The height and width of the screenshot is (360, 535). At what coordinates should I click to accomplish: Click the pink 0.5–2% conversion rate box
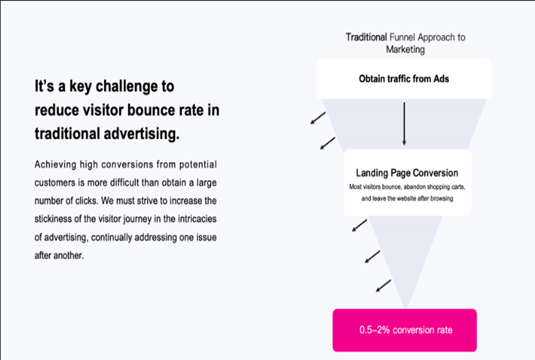(404, 330)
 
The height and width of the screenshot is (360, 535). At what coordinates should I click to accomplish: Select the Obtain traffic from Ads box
(404, 78)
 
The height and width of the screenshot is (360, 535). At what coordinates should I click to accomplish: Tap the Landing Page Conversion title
(407, 173)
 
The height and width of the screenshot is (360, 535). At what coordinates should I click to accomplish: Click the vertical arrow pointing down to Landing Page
(404, 124)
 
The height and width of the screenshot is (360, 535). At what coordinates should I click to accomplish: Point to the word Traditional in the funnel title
(366, 37)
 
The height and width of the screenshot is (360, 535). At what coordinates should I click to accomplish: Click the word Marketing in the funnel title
(406, 50)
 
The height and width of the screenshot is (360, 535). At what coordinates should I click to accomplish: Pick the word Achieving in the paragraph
(55, 165)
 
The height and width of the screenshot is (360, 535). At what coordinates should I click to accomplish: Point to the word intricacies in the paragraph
(197, 218)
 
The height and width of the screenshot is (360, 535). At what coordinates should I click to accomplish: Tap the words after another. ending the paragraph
(59, 255)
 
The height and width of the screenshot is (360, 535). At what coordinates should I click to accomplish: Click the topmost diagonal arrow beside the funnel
(318, 118)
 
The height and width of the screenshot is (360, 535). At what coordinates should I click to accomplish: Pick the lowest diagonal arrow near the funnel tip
(383, 286)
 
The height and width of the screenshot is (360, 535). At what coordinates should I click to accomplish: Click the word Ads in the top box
(441, 79)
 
